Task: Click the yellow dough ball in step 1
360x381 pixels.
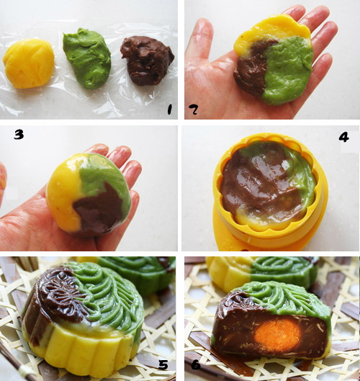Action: tap(28, 63)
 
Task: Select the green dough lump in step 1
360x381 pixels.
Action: tap(86, 58)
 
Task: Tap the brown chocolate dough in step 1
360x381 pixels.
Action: tap(147, 60)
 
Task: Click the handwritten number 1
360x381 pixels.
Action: tap(169, 109)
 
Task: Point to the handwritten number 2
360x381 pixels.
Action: tap(194, 109)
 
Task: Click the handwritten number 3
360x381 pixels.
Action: tap(19, 135)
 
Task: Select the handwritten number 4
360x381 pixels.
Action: tap(343, 138)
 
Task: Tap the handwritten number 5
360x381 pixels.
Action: tap(163, 364)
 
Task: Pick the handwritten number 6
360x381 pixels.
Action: tap(196, 364)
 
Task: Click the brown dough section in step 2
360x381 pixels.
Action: tap(253, 68)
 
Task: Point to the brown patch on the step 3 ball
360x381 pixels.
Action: tap(99, 209)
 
